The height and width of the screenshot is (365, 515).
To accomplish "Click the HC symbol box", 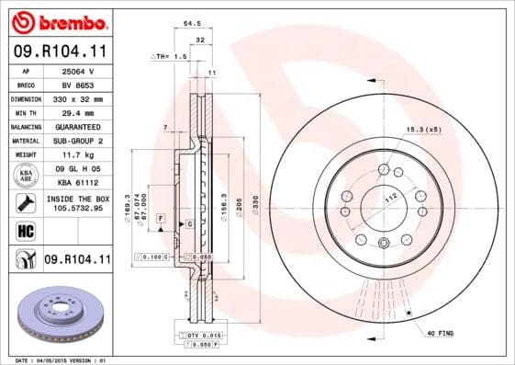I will coord(20,231).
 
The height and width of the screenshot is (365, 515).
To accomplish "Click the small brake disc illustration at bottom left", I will coord(56,314).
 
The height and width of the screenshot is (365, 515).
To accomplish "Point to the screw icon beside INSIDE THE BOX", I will coord(20,202).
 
